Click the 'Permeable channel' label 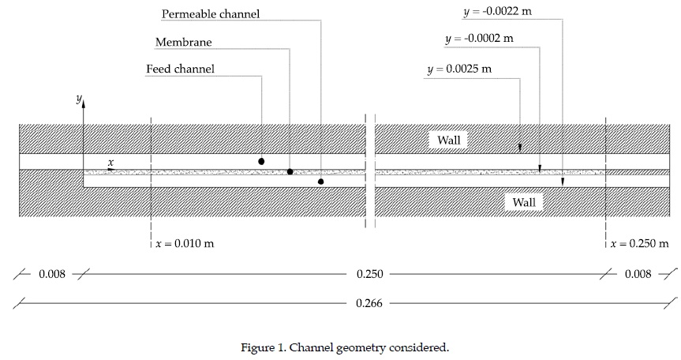[x=211, y=14]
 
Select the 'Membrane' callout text [x=184, y=42]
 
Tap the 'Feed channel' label [x=180, y=69]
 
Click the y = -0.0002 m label [x=479, y=38]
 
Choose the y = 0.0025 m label [x=458, y=69]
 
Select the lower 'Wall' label [x=524, y=203]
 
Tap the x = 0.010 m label [x=184, y=244]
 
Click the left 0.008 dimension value [x=51, y=275]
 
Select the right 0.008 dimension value [x=638, y=275]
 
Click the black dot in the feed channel [x=261, y=161]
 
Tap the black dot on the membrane [x=290, y=171]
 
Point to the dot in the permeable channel [x=320, y=182]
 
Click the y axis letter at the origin [x=77, y=99]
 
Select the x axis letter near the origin [x=111, y=163]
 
